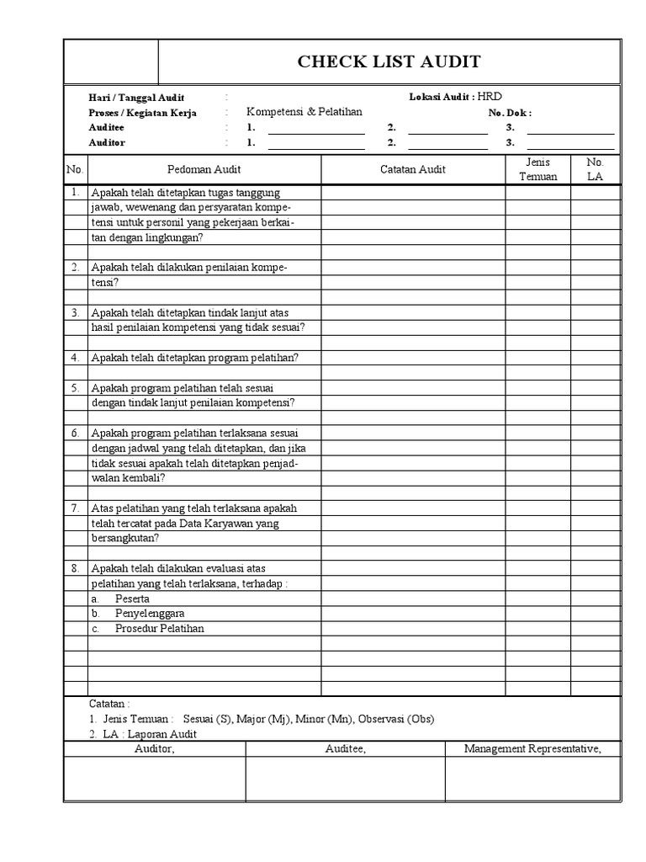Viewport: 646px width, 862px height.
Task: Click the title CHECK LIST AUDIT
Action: coord(389,61)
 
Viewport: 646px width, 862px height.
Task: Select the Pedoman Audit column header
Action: coord(204,169)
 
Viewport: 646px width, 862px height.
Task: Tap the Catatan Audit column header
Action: coord(413,169)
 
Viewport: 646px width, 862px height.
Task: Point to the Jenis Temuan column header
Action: coord(537,169)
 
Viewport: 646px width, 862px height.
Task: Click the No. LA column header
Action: coord(595,169)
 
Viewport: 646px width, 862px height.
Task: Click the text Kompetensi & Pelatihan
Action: coord(304,112)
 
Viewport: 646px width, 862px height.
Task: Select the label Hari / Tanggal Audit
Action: coord(136,98)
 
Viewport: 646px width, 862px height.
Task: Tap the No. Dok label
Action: coord(510,113)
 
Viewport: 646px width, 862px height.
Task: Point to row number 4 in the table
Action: coord(75,357)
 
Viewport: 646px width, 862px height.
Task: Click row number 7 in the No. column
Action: coord(75,508)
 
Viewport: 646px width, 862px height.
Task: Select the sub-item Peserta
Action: coord(132,599)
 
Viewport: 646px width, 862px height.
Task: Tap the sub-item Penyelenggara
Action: coord(150,614)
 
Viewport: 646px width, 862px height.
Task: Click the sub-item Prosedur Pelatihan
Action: coord(160,629)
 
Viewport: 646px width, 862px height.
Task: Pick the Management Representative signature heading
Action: coord(532,749)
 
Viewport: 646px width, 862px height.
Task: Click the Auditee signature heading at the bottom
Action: coord(345,749)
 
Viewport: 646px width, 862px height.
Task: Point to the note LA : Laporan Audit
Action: coord(150,734)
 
